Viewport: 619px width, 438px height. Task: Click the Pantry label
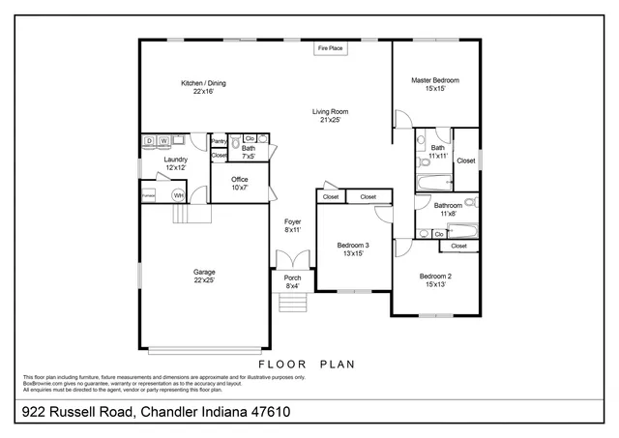pos(219,141)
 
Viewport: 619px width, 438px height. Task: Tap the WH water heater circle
pos(178,195)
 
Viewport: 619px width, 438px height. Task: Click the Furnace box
pos(149,195)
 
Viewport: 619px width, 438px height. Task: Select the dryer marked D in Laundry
pos(150,141)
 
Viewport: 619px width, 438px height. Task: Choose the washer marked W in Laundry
pos(163,141)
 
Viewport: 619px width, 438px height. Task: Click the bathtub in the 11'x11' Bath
pos(433,181)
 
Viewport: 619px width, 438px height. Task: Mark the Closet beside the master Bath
pos(465,161)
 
